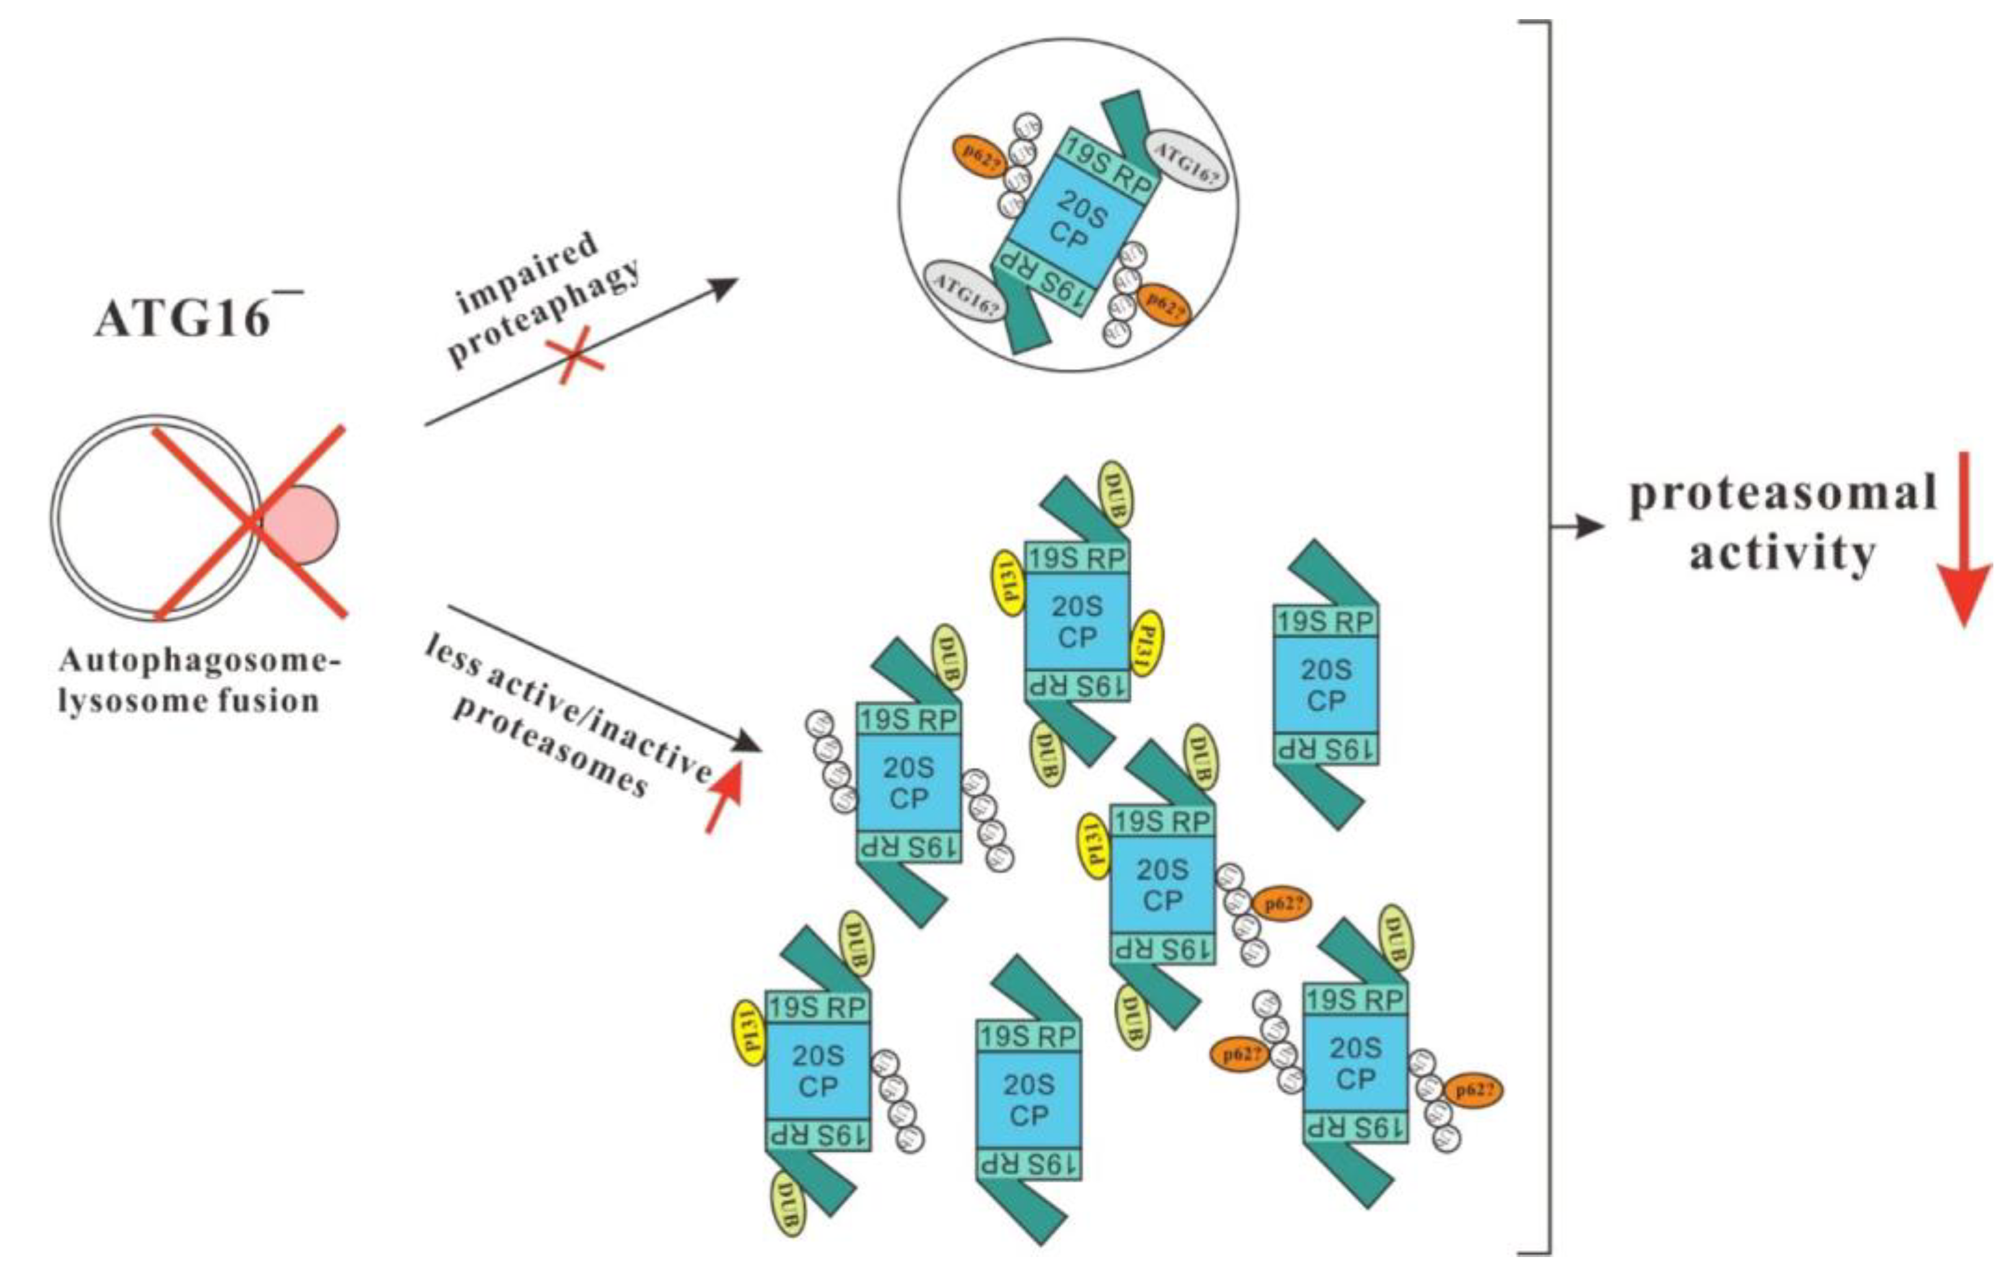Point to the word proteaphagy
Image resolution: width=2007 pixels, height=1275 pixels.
coord(546,313)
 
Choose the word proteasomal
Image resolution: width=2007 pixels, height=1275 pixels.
coord(1782,494)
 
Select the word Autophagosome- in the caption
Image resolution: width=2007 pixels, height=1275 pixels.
coord(200,660)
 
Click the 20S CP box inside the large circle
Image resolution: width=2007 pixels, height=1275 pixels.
coord(1075,218)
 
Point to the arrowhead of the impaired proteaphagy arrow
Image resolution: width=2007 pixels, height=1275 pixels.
coord(725,286)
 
